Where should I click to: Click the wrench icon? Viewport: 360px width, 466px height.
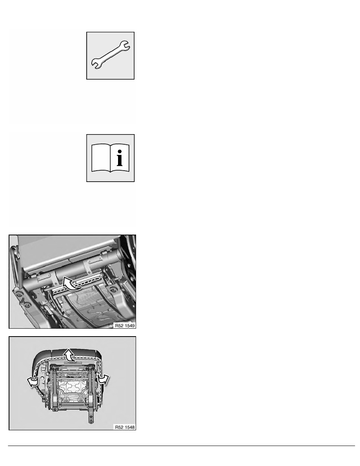click(x=111, y=55)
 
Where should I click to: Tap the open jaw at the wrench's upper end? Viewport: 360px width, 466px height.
click(x=124, y=46)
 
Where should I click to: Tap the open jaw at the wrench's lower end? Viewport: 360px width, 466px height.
click(x=96, y=64)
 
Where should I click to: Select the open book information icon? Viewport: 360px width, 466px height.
click(x=111, y=158)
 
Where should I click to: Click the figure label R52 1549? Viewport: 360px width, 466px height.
click(x=125, y=326)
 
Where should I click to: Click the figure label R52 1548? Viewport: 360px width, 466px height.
click(x=125, y=427)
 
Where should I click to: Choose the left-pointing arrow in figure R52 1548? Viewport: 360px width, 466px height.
click(x=33, y=382)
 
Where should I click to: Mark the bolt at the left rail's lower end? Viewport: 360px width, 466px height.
click(x=55, y=410)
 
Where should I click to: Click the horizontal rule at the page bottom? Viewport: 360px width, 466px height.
click(x=182, y=446)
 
